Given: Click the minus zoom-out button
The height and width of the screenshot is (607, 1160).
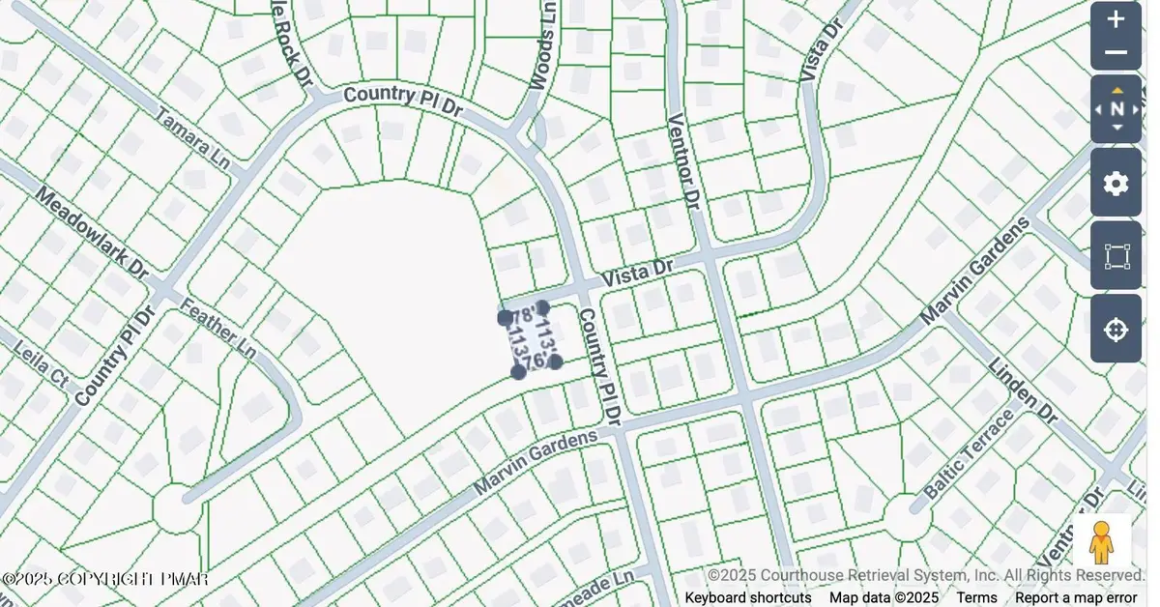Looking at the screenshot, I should pyautogui.click(x=1116, y=53).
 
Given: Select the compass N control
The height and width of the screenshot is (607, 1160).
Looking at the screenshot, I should pyautogui.click(x=1116, y=109).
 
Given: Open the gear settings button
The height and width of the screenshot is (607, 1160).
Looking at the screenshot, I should pyautogui.click(x=1116, y=183).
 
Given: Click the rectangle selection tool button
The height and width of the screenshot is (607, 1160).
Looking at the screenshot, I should pyautogui.click(x=1116, y=256).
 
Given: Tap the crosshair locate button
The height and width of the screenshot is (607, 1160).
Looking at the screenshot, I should pyautogui.click(x=1116, y=330).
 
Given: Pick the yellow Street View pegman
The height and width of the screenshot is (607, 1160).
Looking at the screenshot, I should pyautogui.click(x=1101, y=543).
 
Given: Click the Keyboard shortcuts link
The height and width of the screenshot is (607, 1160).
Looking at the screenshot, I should pyautogui.click(x=748, y=597).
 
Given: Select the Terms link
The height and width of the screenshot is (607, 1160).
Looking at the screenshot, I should pyautogui.click(x=976, y=597).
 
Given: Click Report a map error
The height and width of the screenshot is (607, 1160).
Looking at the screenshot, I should pyautogui.click(x=1082, y=597).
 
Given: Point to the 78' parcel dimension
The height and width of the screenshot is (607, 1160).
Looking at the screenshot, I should pyautogui.click(x=523, y=317).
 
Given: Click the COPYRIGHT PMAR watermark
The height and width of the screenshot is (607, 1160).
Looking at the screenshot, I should pyautogui.click(x=105, y=579).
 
